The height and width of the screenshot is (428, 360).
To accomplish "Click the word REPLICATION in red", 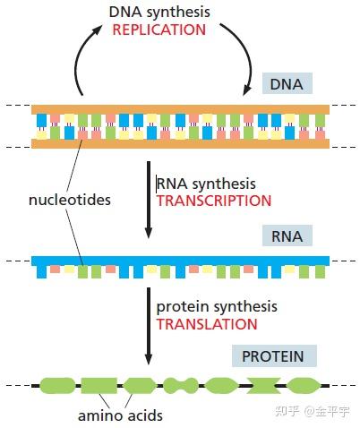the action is pyautogui.click(x=159, y=30).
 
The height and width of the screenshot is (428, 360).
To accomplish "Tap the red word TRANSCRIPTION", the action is pyautogui.click(x=214, y=201).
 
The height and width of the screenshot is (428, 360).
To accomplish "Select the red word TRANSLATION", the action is pyautogui.click(x=207, y=324).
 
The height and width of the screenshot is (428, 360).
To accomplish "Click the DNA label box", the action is pyautogui.click(x=287, y=83).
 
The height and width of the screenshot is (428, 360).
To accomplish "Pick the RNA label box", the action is pyautogui.click(x=287, y=235).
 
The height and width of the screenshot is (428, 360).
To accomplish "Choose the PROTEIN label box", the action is pyautogui.click(x=274, y=356).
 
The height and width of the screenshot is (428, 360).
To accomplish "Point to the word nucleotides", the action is pyautogui.click(x=70, y=200).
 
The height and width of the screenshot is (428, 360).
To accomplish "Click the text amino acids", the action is pyautogui.click(x=120, y=415).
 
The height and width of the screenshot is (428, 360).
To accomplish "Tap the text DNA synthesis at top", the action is pyautogui.click(x=159, y=13).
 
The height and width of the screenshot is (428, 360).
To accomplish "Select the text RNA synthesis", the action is pyautogui.click(x=206, y=184).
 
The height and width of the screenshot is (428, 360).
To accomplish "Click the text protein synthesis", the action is pyautogui.click(x=217, y=307).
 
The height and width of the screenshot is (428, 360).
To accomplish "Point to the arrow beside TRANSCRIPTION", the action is pyautogui.click(x=149, y=200).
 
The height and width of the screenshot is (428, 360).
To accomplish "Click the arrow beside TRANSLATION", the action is pyautogui.click(x=149, y=326).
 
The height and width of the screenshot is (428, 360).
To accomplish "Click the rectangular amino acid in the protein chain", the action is pyautogui.click(x=99, y=385).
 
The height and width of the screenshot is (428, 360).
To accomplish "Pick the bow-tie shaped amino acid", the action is pyautogui.click(x=263, y=385).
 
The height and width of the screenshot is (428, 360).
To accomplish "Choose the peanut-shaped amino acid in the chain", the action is pyautogui.click(x=181, y=385).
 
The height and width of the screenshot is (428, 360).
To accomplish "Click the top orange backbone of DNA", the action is pyautogui.click(x=180, y=109).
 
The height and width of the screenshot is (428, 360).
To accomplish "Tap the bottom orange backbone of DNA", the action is pyautogui.click(x=180, y=144).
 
